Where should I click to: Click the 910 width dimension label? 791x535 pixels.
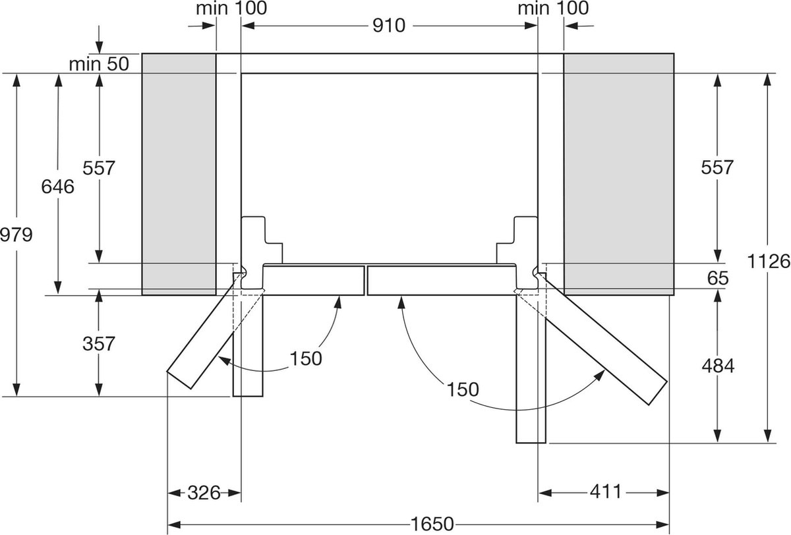[389, 26]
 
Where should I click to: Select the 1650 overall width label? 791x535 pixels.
[432, 524]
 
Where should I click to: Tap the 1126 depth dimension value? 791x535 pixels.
[769, 262]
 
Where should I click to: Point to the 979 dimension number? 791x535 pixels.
[16, 235]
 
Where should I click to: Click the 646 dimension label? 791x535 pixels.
[57, 186]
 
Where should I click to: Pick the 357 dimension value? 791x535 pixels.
[99, 343]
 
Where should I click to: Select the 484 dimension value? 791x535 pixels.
[718, 366]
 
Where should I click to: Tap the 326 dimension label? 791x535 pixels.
[204, 493]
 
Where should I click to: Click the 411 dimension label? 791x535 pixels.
[606, 492]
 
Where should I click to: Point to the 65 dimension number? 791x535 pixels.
[718, 278]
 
